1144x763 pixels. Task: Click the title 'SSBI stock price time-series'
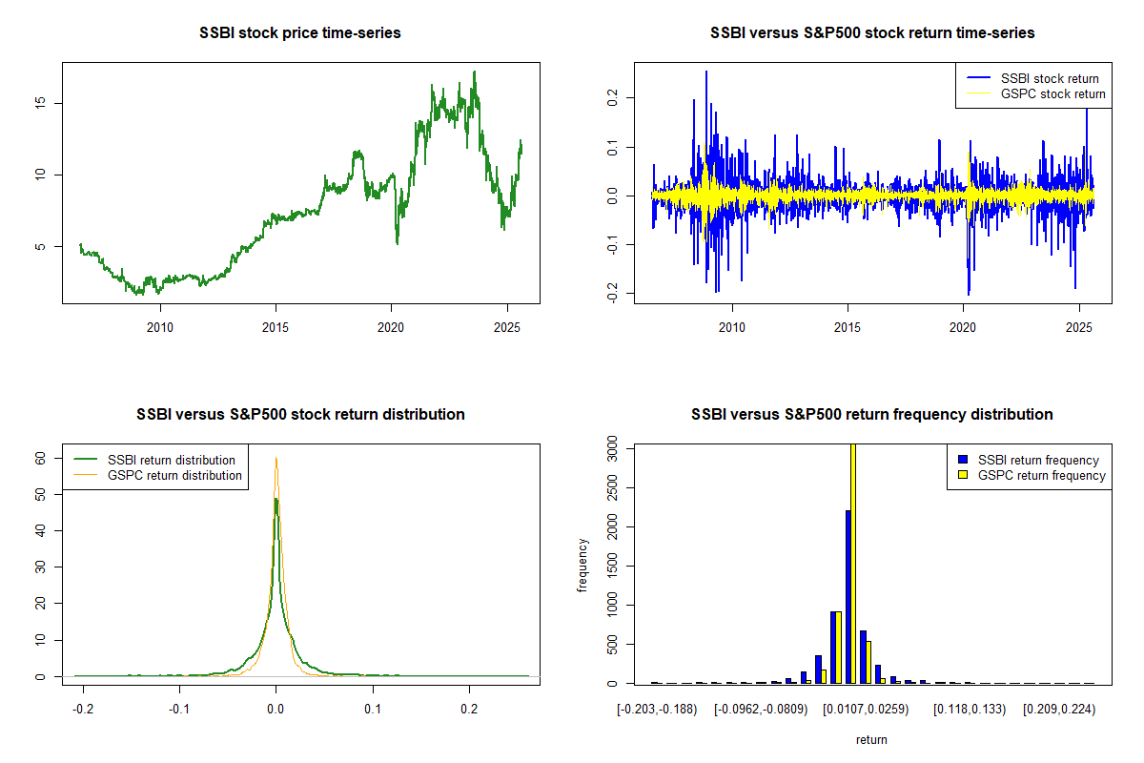[300, 33]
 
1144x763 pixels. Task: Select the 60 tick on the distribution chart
[41, 458]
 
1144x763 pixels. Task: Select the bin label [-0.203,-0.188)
[658, 710]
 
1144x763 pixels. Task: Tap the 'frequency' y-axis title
[582, 566]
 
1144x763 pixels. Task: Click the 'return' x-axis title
[871, 739]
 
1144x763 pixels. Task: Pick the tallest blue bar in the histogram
[848, 597]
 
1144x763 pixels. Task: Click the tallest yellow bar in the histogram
[853, 564]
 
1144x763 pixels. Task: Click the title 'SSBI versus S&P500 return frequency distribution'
[872, 415]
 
